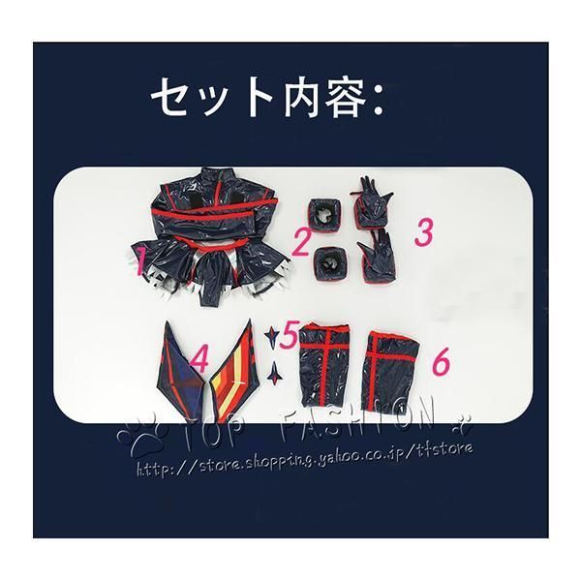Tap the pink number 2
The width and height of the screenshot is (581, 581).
pyautogui.click(x=301, y=237)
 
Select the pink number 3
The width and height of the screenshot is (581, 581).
pyautogui.click(x=422, y=231)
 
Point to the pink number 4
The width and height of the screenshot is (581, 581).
pyautogui.click(x=200, y=360)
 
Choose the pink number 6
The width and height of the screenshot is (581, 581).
pyautogui.click(x=440, y=362)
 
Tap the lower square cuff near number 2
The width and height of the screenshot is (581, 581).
pyautogui.click(x=330, y=261)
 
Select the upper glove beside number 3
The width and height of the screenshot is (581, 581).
pyautogui.click(x=380, y=205)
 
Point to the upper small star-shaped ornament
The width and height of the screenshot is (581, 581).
pyautogui.click(x=274, y=335)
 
